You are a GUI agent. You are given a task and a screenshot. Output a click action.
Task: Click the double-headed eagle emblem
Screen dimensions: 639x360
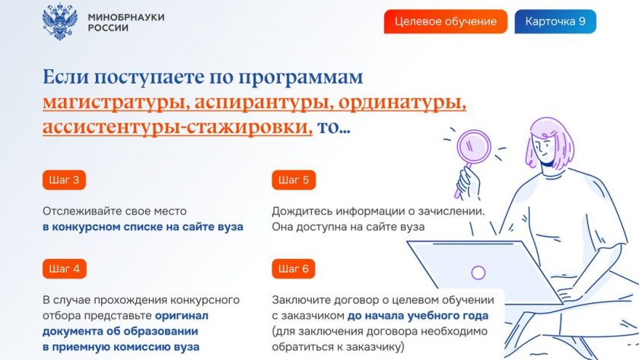click(x=60, y=22)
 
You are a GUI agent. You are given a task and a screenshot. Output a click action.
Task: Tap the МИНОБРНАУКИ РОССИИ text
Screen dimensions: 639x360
click(x=126, y=22)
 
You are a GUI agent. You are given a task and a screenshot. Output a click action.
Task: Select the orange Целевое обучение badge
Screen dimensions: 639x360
click(x=446, y=21)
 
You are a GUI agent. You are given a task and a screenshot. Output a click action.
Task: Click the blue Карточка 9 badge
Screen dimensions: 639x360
click(x=555, y=21)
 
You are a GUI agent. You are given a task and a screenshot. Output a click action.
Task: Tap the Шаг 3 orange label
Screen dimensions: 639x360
click(x=64, y=180)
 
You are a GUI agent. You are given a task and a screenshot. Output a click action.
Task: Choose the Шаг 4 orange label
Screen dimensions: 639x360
click(x=64, y=269)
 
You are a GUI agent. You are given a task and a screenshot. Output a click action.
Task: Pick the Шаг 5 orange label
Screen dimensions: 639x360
click(x=294, y=180)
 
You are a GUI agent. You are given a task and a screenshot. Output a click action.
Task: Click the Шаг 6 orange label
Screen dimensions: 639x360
click(x=294, y=269)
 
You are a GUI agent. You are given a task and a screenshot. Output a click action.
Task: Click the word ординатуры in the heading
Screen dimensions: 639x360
click(x=402, y=102)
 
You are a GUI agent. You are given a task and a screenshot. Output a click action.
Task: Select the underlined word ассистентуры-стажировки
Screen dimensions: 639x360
click(x=178, y=127)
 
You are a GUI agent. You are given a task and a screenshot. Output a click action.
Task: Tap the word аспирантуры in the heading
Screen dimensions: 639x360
click(x=264, y=102)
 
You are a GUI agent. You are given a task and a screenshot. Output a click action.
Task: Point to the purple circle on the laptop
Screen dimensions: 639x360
click(x=478, y=272)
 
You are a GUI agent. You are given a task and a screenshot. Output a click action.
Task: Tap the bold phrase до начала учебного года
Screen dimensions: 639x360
click(x=418, y=316)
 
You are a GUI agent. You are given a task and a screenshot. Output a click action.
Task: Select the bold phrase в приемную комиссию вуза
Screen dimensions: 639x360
click(x=121, y=347)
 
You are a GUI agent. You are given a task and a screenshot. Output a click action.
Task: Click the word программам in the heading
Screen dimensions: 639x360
click(x=300, y=78)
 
